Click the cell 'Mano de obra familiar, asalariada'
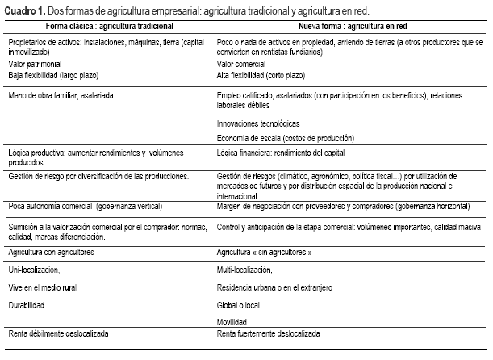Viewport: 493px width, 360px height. click(x=61, y=94)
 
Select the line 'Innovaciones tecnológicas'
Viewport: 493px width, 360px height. click(x=259, y=123)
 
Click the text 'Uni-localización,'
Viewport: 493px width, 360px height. click(x=34, y=269)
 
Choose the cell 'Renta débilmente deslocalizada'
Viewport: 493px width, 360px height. click(x=59, y=333)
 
